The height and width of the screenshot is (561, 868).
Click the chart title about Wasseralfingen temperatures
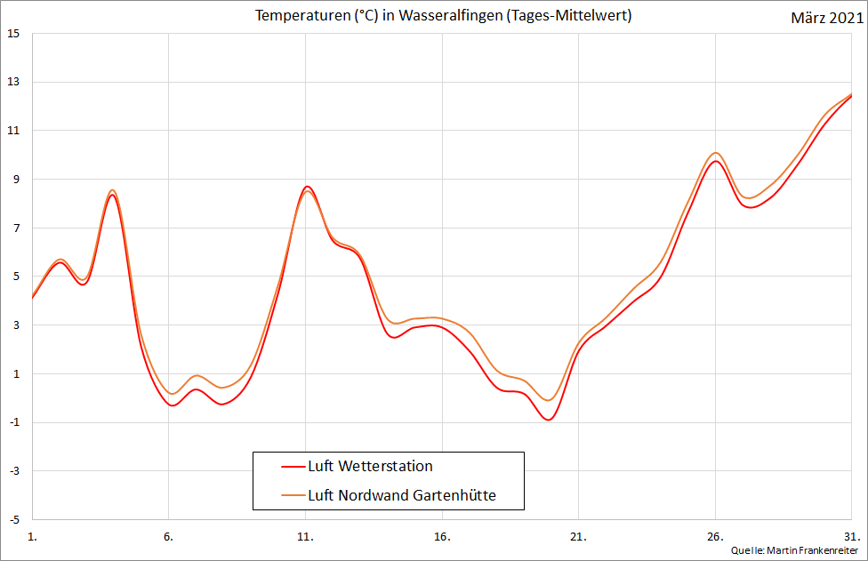tap(443, 16)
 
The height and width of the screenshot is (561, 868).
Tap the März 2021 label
tap(824, 19)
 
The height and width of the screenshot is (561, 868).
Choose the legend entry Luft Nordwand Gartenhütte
tap(414, 495)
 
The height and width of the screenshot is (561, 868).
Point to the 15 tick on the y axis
tap(13, 34)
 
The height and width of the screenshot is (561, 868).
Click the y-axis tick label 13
tap(13, 83)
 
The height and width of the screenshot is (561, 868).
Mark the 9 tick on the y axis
tap(15, 180)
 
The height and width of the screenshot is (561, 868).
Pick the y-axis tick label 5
tap(15, 276)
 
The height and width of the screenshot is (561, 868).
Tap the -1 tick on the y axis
tap(13, 422)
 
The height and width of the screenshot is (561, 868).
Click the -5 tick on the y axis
tap(13, 519)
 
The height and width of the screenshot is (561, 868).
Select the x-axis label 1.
tap(33, 536)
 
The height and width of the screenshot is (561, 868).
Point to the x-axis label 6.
tap(169, 536)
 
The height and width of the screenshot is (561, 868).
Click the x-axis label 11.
tap(305, 536)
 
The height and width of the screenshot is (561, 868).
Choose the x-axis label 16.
tap(442, 536)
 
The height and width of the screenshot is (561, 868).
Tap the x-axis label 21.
tap(578, 536)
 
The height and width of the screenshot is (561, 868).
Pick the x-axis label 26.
tap(715, 536)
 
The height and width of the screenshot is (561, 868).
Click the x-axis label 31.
tap(851, 536)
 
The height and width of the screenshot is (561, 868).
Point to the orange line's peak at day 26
tap(715, 153)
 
